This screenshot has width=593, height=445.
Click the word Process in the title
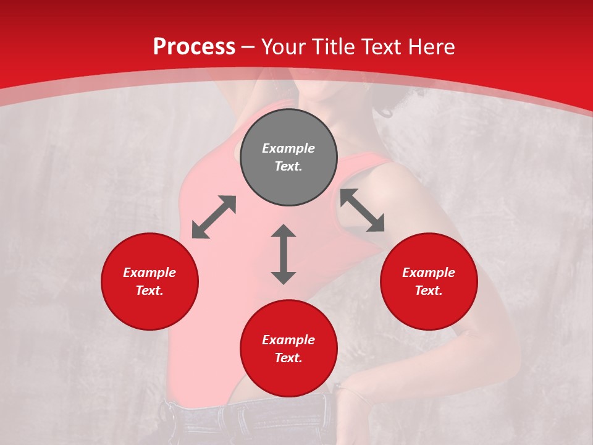pyautogui.click(x=194, y=47)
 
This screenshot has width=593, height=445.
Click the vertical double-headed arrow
pyautogui.click(x=284, y=255)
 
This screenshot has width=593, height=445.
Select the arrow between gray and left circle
pyautogui.click(x=214, y=217)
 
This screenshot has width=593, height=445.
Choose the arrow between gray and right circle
pyautogui.click(x=362, y=210)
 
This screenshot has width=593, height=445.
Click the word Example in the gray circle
pyautogui.click(x=288, y=148)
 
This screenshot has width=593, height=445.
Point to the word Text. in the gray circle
pyautogui.click(x=288, y=166)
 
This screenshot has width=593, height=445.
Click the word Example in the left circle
pyautogui.click(x=149, y=273)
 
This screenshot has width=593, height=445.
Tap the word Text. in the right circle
pyautogui.click(x=429, y=290)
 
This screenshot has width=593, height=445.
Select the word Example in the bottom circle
pyautogui.click(x=288, y=340)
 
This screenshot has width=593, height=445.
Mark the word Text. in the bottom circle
pyautogui.click(x=288, y=358)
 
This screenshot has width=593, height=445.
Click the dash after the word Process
pyautogui.click(x=248, y=48)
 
